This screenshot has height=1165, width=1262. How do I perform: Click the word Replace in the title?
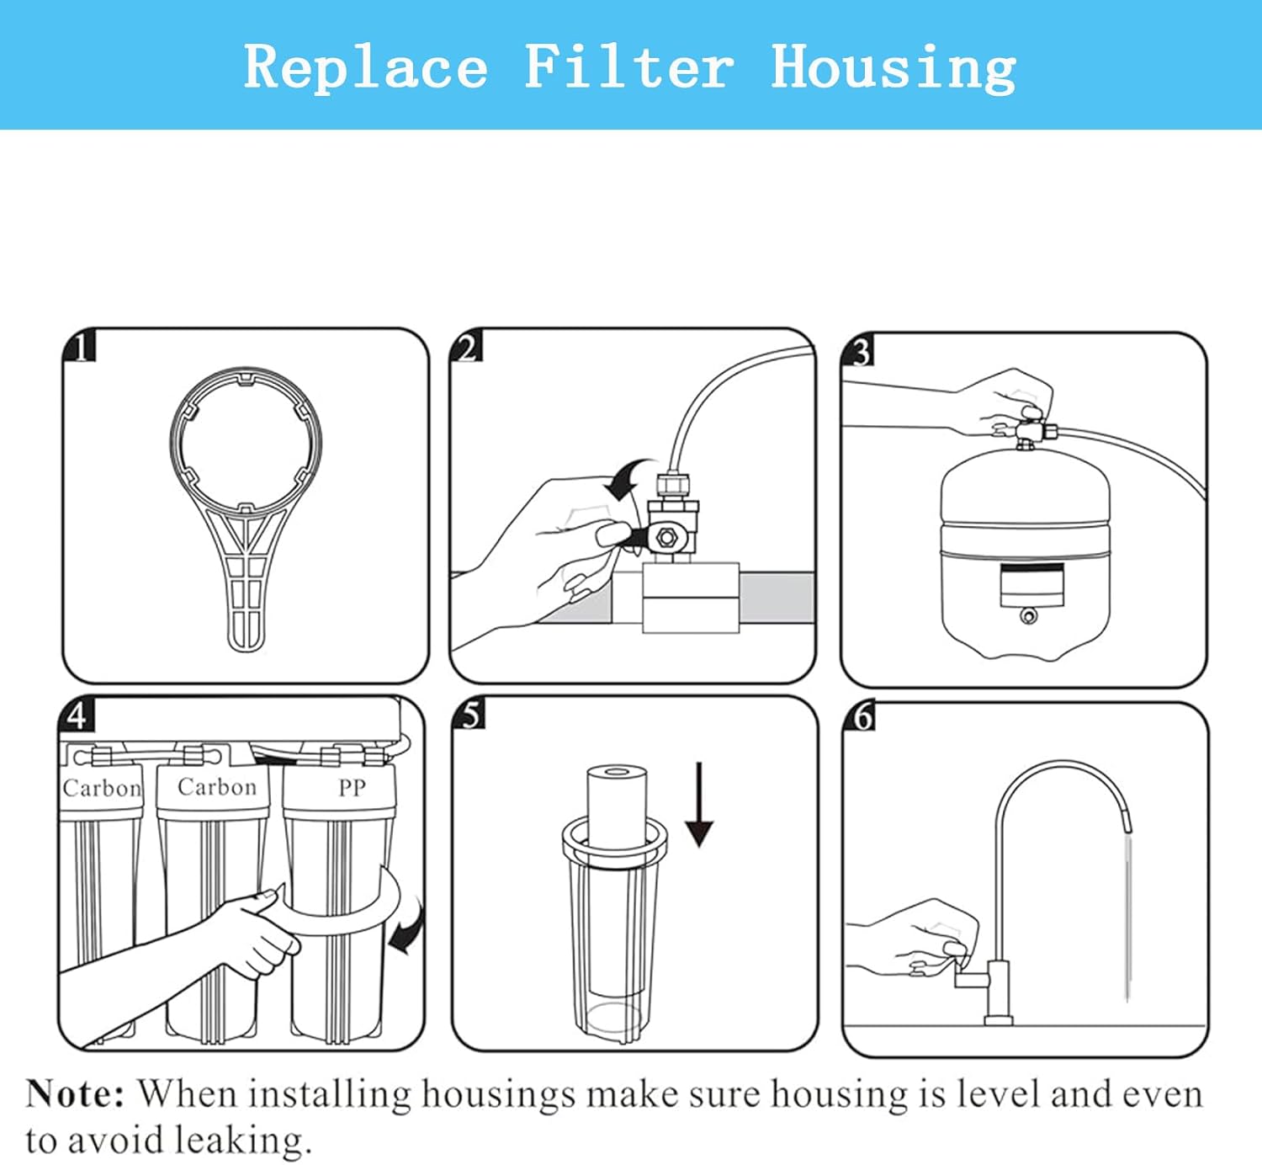366,66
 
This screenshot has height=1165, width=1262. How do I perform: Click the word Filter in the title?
629,66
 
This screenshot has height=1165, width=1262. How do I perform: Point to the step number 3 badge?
858,350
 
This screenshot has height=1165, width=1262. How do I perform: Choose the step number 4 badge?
77,714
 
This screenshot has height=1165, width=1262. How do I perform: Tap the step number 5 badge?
469,714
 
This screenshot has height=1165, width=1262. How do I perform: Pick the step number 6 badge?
860,716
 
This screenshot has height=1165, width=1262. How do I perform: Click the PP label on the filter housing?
352,788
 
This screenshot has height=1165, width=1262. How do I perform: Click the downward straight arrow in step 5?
699,805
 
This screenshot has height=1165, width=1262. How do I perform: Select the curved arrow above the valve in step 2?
629,478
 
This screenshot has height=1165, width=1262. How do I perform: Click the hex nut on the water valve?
665,537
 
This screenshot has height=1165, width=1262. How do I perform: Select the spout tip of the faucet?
1127,825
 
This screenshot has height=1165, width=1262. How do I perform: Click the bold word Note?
75,1094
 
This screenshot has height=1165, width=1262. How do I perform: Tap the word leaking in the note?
243,1141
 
